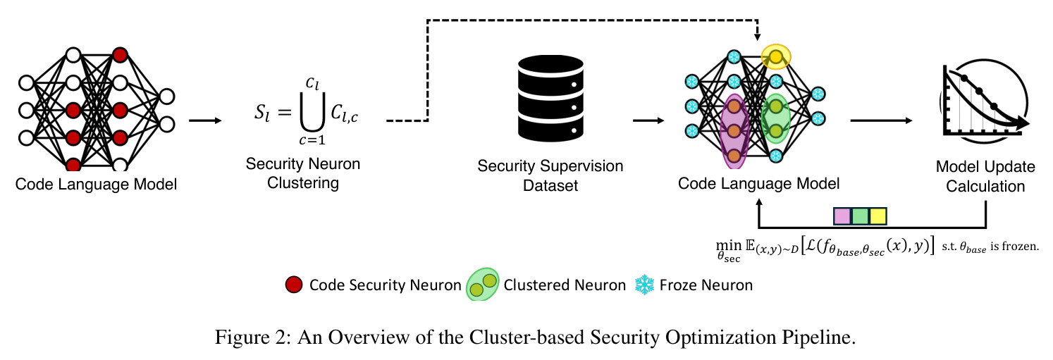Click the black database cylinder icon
coord(550,98)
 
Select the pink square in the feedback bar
coord(842,216)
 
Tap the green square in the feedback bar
coord(860,216)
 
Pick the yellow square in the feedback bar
coord(877,216)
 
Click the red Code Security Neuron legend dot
coord(294,285)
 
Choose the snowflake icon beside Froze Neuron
coord(644,285)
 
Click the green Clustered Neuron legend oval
coord(482,285)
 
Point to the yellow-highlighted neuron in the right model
coord(775,57)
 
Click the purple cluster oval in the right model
coord(734,131)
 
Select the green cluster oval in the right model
coord(775,118)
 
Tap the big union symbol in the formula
coord(313,113)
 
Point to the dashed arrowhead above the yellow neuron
coord(757,36)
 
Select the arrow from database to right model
coord(648,120)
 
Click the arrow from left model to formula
coord(205,120)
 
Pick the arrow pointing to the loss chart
coord(882,120)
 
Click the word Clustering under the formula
coord(303,183)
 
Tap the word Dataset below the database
coord(550,186)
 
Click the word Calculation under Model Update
coord(985,187)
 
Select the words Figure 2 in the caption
coord(251,337)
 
